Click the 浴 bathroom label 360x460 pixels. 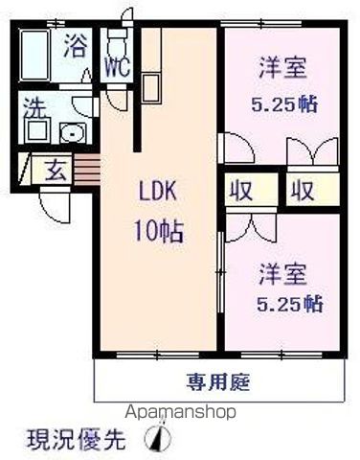pyautogui.click(x=74, y=47)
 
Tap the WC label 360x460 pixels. pyautogui.click(x=116, y=68)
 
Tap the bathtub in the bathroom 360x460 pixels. pyautogui.click(x=37, y=49)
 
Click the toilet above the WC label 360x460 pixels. pyautogui.click(x=117, y=41)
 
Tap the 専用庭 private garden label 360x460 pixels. pyautogui.click(x=219, y=383)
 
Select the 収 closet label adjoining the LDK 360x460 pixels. pyautogui.click(x=239, y=188)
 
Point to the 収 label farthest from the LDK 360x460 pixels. pyautogui.click(x=303, y=188)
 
